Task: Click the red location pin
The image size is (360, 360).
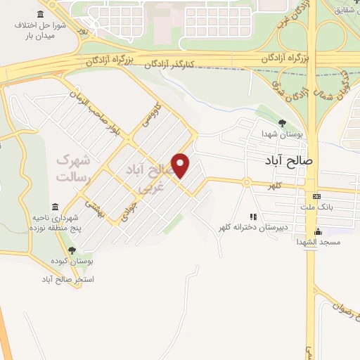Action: [x=181, y=166]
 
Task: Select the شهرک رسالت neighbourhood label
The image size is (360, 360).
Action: [x=75, y=168]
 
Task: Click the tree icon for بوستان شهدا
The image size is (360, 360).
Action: [x=282, y=124]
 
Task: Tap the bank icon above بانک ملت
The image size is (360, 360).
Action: [x=316, y=196]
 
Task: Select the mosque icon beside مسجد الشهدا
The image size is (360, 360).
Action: [x=318, y=231]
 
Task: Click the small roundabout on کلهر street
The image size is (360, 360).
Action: [x=247, y=183]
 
